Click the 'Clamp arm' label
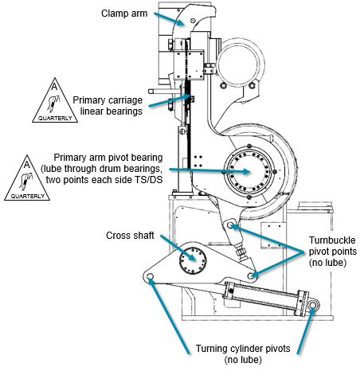(124, 14)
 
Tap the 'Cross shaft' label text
(130, 236)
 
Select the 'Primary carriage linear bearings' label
(108, 106)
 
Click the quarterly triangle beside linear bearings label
(55, 100)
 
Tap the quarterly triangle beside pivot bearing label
(27, 178)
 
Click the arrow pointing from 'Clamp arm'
(169, 19)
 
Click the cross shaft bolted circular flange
(193, 260)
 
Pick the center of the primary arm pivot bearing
(249, 172)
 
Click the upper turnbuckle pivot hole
(230, 225)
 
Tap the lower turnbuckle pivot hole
(250, 276)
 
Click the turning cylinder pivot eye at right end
(313, 305)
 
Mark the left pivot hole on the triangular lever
(150, 276)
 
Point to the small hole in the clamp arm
(193, 21)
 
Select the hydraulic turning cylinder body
(265, 299)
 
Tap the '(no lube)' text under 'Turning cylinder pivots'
(243, 360)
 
